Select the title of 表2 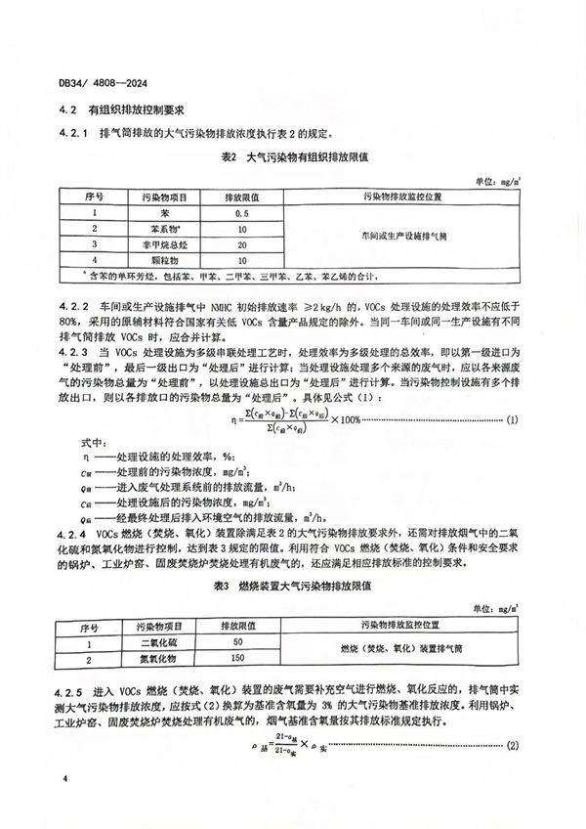[x=289, y=155]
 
